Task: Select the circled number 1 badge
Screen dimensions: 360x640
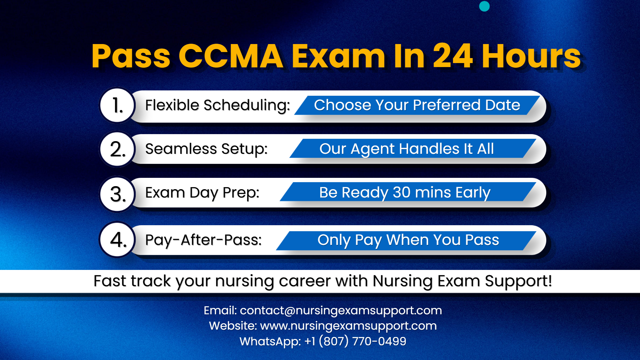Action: (117, 105)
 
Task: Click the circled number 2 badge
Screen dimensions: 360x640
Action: (117, 149)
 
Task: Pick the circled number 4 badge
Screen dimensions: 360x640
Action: (117, 240)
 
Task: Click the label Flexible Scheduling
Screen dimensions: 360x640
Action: (217, 105)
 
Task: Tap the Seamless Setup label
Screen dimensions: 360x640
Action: (206, 149)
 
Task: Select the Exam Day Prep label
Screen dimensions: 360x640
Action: (202, 193)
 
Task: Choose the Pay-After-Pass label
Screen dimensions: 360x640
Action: (203, 240)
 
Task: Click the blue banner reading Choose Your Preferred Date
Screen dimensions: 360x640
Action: (417, 105)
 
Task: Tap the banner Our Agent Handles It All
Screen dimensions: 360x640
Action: (407, 149)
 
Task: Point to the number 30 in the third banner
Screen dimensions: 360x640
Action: (402, 193)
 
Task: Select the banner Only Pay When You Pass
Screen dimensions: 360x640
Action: (408, 240)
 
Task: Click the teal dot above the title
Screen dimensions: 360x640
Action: (484, 6)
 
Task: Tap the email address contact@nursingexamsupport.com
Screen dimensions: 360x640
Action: (341, 311)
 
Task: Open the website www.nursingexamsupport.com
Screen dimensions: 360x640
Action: (348, 326)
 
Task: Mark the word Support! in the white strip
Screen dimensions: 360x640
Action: (518, 281)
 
